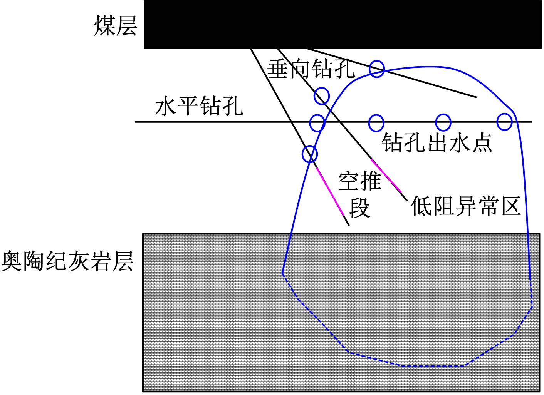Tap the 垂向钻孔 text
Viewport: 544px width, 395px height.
click(311, 69)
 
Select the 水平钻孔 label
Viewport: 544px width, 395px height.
click(199, 105)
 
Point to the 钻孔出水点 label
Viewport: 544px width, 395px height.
click(437, 143)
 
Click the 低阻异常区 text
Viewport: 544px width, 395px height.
click(466, 206)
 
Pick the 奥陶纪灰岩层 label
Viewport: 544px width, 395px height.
click(67, 261)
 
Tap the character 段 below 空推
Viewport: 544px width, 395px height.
click(359, 208)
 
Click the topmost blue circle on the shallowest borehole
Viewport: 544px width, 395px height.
click(377, 69)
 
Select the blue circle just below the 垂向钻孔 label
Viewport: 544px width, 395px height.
click(322, 96)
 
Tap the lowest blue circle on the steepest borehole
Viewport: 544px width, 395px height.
click(310, 154)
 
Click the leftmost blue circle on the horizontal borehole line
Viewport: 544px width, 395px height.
click(317, 123)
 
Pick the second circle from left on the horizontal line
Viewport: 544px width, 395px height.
click(376, 123)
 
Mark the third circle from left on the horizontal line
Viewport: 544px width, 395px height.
click(443, 122)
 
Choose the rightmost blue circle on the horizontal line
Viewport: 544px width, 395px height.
click(504, 122)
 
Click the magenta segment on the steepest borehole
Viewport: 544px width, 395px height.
click(330, 191)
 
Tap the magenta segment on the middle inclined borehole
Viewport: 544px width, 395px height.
click(386, 176)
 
